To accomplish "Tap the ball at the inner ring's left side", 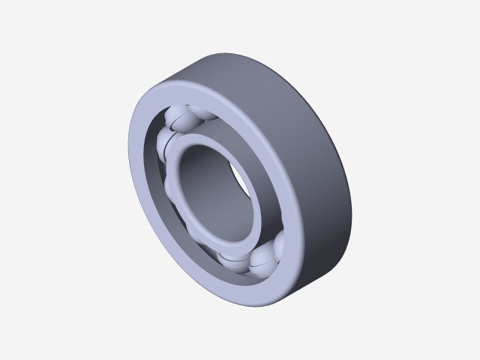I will pos(166,144).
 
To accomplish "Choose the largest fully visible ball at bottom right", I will pos(262,259).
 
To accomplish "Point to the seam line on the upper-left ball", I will pos(175,124).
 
